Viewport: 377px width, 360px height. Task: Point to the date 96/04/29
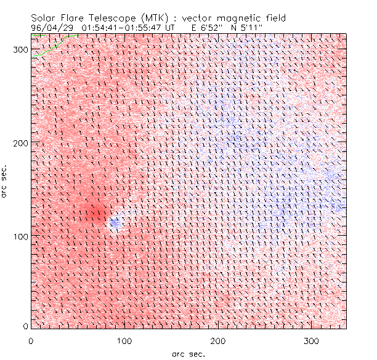tap(51, 28)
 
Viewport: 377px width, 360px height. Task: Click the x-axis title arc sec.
tap(188, 353)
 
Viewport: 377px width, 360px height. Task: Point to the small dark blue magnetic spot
tap(115, 223)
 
